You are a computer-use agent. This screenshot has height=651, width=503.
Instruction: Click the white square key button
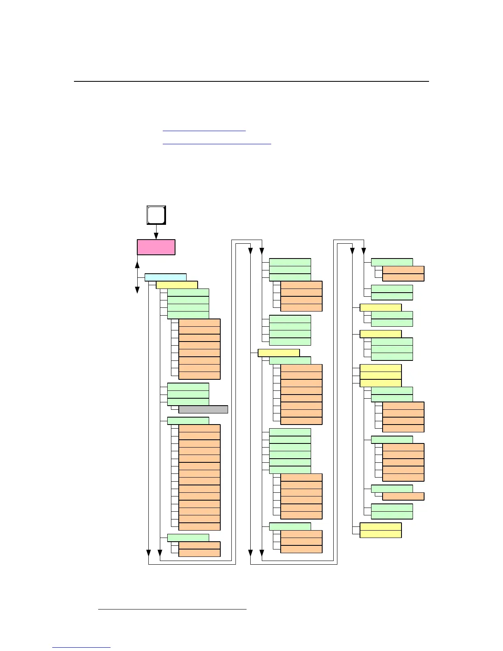(156, 215)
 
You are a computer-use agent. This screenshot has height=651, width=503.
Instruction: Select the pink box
(156, 247)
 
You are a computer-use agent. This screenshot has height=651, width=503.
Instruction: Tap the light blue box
(165, 277)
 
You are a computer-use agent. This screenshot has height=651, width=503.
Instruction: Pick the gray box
(203, 409)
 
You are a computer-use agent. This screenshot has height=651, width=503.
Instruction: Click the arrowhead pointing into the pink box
(156, 236)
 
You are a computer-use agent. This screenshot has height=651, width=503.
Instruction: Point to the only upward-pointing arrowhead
(137, 263)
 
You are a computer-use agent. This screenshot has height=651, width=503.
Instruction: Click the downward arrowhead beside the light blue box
(137, 290)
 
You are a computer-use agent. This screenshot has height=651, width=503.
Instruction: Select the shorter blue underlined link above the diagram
(204, 131)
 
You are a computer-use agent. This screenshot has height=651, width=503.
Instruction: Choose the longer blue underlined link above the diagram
(217, 144)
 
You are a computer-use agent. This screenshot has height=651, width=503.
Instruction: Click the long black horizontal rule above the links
(251, 81)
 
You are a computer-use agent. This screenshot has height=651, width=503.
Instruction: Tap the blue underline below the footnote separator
(81, 647)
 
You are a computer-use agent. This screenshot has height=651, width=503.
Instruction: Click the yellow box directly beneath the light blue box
(177, 285)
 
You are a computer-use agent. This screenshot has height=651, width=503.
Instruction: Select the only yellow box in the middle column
(279, 353)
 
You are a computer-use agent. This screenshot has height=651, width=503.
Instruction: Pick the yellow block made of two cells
(381, 530)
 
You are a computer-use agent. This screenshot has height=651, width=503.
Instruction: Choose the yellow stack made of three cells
(381, 376)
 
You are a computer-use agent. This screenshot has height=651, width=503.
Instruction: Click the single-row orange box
(403, 496)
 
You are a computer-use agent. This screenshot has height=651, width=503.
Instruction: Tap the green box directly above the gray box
(188, 402)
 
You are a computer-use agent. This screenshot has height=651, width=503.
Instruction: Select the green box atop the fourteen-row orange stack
(188, 421)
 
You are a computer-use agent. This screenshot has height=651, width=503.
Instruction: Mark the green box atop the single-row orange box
(392, 489)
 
